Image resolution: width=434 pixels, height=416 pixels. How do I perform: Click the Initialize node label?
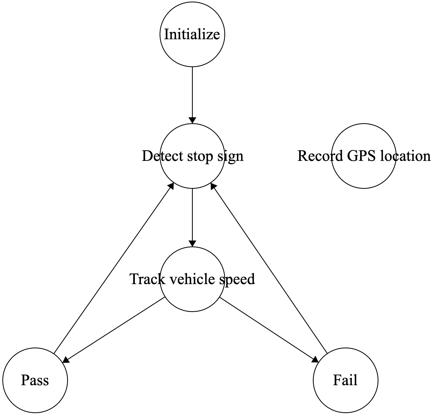(192, 34)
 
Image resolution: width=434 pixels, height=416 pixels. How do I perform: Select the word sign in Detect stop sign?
(230, 156)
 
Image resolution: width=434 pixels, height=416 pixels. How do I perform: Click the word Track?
(147, 279)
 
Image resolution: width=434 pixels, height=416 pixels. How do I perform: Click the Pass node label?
(35, 380)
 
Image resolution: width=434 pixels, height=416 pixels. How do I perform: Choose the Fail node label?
(345, 380)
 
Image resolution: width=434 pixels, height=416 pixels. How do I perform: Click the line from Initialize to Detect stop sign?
(192, 92)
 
